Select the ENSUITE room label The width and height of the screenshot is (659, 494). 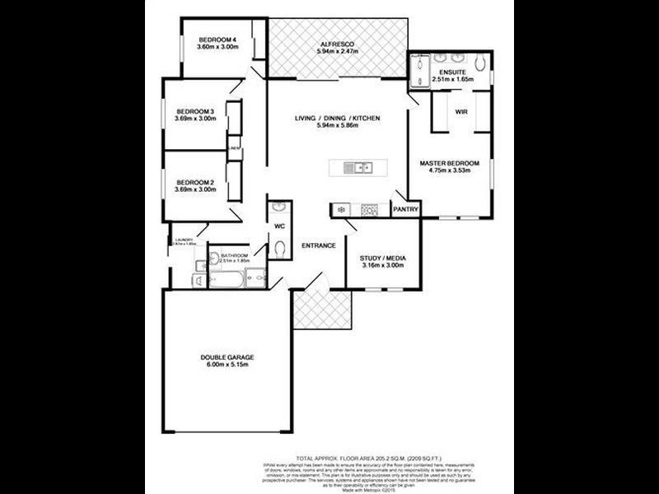click(451, 72)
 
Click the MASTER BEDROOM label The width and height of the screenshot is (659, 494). click(449, 163)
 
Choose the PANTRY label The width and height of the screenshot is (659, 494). click(406, 209)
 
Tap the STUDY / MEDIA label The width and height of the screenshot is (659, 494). click(382, 259)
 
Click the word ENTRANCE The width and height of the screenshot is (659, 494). click(317, 245)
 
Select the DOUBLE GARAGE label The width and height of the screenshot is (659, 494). click(227, 357)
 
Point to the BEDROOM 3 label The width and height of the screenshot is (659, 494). click(196, 112)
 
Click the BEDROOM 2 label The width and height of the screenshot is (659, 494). click(196, 182)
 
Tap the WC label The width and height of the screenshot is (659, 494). click(278, 225)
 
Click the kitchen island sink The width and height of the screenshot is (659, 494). click(359, 169)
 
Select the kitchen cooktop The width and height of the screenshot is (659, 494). click(368, 210)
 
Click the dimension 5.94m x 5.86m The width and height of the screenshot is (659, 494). click(337, 128)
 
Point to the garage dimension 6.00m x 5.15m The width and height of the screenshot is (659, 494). click(227, 365)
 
